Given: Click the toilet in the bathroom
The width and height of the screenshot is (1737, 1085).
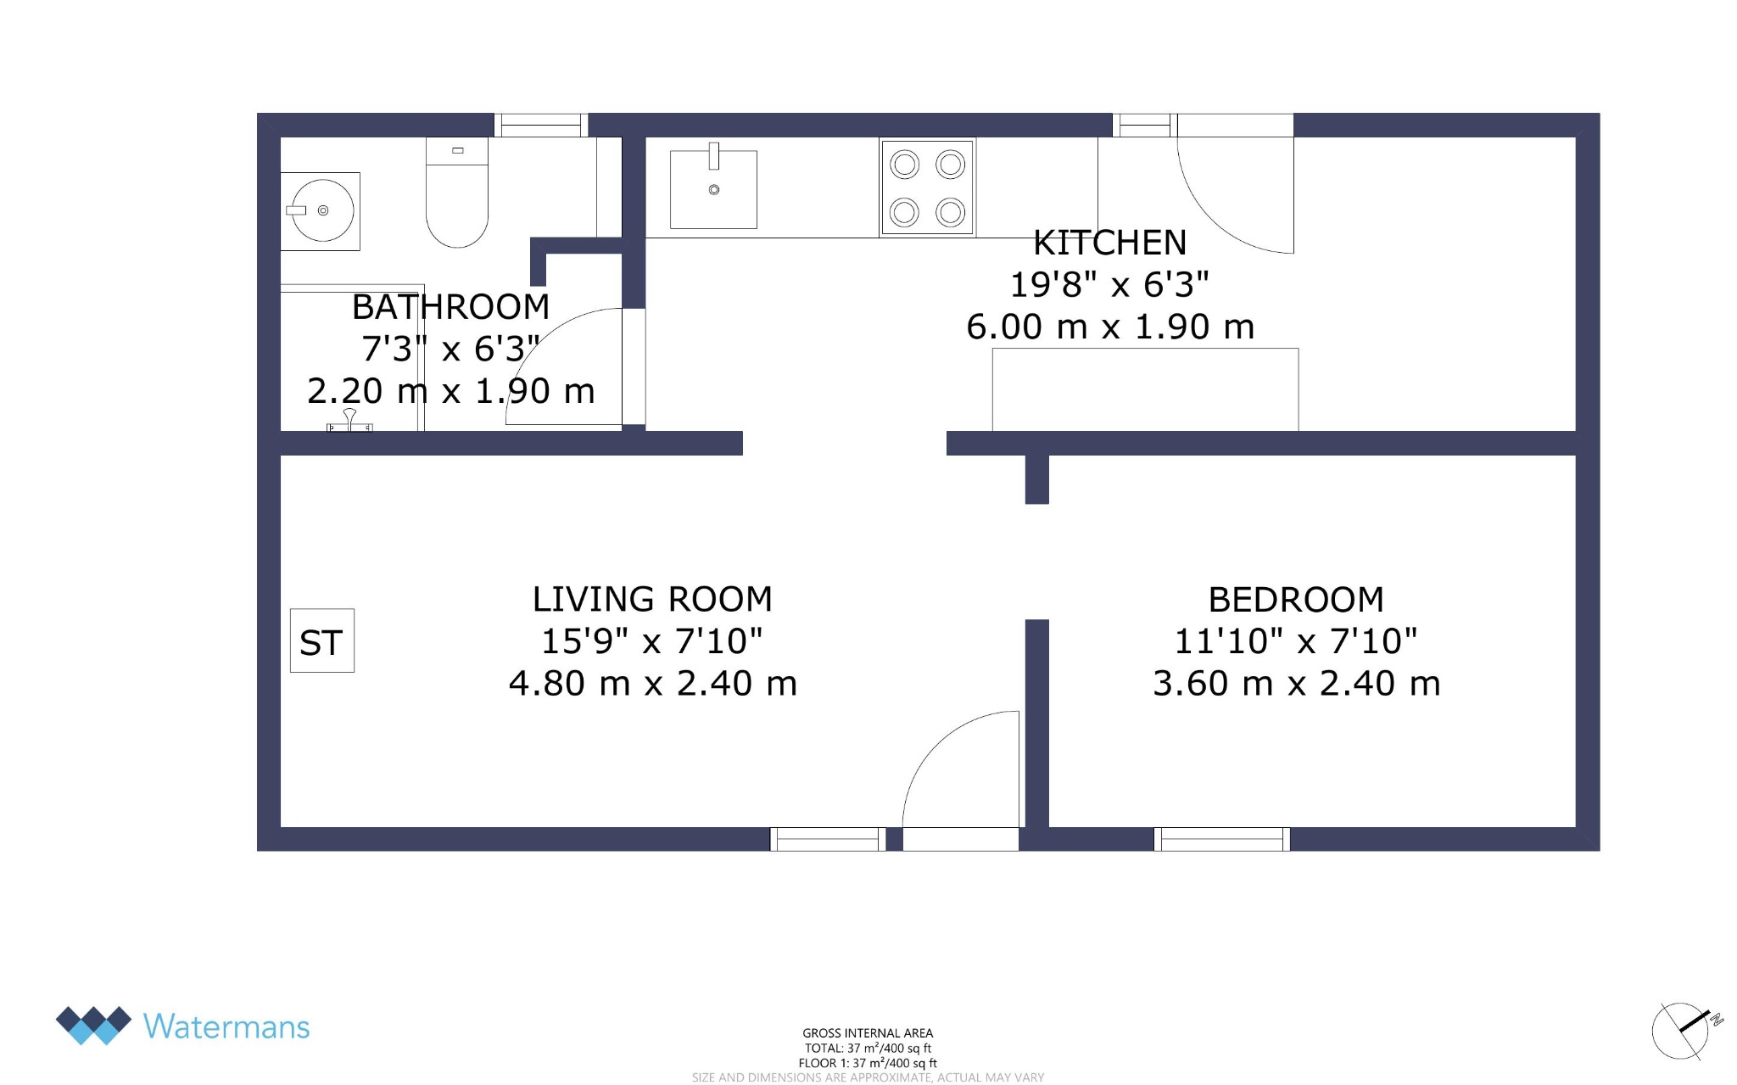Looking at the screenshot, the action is [x=457, y=193].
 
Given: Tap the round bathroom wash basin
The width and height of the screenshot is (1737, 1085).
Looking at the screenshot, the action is [x=322, y=210].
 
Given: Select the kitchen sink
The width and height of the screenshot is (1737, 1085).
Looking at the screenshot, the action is [x=713, y=189].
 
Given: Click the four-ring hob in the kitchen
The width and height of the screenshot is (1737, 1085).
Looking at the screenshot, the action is [x=927, y=187].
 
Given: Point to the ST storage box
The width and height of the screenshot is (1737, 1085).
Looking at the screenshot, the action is [x=322, y=640].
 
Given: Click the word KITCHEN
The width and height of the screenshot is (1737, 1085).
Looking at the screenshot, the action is [x=1109, y=243].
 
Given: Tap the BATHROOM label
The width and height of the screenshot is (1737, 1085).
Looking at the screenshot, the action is [x=450, y=307].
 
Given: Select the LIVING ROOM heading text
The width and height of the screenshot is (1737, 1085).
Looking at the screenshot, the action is [x=652, y=599].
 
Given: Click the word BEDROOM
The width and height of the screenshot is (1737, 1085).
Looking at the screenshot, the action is [x=1296, y=600].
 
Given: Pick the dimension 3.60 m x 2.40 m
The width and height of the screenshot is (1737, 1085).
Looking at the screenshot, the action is [x=1296, y=683].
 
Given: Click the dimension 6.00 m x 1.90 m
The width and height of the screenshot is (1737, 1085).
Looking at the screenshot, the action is [x=1109, y=327].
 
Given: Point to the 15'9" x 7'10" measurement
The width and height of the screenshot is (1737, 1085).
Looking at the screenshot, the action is [x=652, y=640].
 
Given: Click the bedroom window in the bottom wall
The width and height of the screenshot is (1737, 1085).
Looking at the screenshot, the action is [x=1222, y=839].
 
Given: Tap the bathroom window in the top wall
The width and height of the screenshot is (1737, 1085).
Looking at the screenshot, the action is [x=541, y=125].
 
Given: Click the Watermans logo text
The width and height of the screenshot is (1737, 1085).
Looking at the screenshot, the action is [x=226, y=1026].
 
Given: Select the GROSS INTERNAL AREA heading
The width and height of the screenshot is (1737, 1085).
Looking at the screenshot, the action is [x=868, y=1033].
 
